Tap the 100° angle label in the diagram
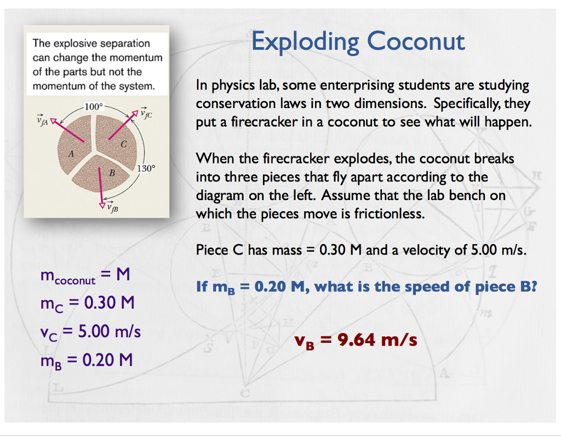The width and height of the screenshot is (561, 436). pyautogui.click(x=93, y=106)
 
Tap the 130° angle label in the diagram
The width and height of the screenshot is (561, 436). pyautogui.click(x=146, y=168)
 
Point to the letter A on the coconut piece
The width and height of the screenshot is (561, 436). pyautogui.click(x=71, y=155)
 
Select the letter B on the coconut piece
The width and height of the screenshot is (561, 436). pyautogui.click(x=112, y=173)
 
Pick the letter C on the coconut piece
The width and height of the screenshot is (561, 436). pyautogui.click(x=124, y=144)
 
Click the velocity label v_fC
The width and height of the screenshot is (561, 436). pyautogui.click(x=146, y=114)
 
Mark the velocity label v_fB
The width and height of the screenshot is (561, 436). pyautogui.click(x=113, y=207)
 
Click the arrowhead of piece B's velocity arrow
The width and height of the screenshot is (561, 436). pyautogui.click(x=101, y=204)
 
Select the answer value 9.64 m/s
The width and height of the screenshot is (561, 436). pyautogui.click(x=377, y=340)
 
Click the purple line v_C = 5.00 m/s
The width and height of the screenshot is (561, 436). pyautogui.click(x=90, y=331)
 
